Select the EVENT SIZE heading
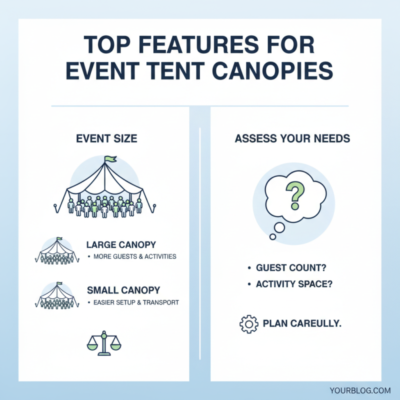(x=106, y=138)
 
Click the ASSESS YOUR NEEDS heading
(x=292, y=138)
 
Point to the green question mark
(x=294, y=195)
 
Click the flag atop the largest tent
(x=109, y=159)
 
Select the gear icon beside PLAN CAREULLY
(x=248, y=324)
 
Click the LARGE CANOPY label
(x=121, y=245)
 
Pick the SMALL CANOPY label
(x=123, y=290)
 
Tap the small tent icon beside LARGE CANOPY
(x=56, y=251)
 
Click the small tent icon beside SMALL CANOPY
(x=56, y=296)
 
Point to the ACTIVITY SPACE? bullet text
(x=294, y=284)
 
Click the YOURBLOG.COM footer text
(x=360, y=390)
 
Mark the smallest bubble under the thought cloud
(x=272, y=236)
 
